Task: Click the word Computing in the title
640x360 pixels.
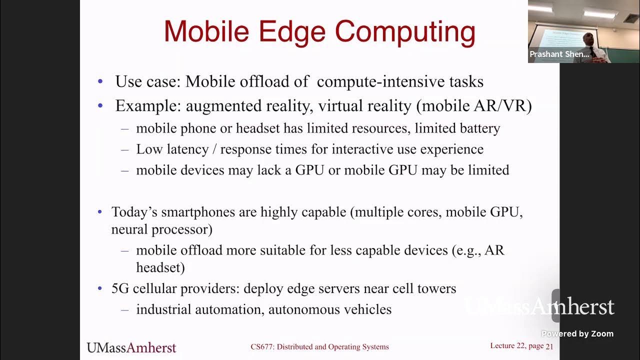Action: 405,32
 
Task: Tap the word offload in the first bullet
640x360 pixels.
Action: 287,81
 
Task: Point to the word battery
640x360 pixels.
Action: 479,128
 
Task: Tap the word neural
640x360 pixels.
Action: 129,229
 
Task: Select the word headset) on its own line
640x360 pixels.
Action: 160,267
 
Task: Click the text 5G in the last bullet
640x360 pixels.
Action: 120,288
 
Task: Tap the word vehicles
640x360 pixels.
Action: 367,309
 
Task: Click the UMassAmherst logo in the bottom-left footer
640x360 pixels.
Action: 131,347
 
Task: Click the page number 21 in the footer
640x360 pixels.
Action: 549,346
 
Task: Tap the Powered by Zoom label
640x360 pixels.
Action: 577,334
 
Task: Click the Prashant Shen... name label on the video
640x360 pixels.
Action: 559,54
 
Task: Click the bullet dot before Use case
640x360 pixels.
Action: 100,81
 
